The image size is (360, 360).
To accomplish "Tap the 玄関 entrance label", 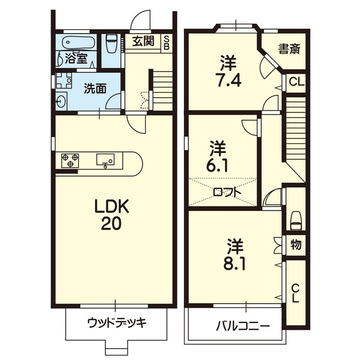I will coord(144,41).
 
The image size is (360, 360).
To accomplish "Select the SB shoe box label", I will coord(166,43).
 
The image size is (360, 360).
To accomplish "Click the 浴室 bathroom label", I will coord(75,57).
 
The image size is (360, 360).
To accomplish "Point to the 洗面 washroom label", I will coord(95,88).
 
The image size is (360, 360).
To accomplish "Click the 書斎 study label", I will coord(289,49).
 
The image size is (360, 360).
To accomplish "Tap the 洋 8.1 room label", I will coord(236,255).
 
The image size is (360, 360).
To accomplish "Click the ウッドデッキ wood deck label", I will coord(116,323).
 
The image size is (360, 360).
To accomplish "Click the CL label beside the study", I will coord(296,82).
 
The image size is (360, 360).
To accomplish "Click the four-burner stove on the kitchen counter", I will coord(70,160).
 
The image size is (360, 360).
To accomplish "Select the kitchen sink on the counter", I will coord(106,160).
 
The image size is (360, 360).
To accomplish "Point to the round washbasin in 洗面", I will coord(61,101).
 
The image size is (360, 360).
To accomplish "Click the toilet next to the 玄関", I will coord(111,42).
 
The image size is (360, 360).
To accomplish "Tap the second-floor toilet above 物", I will coord(295,219).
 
